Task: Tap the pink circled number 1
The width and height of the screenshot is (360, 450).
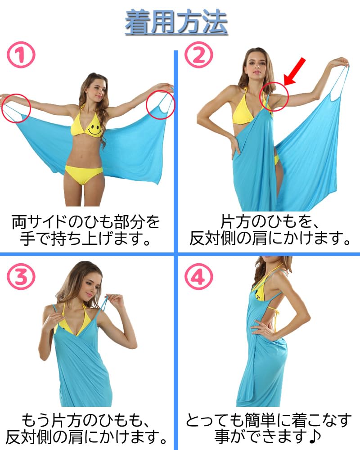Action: [x=21, y=54]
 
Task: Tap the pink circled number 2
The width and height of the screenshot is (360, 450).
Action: [x=198, y=54]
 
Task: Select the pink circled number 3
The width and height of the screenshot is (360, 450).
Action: [x=21, y=276]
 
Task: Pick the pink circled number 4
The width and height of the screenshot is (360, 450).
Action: [x=198, y=276]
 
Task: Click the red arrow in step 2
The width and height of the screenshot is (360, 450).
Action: [x=295, y=72]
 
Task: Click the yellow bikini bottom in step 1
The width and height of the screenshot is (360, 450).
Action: [x=83, y=174]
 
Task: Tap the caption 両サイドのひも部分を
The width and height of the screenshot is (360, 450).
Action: [x=85, y=221]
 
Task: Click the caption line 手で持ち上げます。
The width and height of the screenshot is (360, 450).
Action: [x=85, y=238]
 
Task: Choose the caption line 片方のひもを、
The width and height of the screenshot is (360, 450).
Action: [x=269, y=221]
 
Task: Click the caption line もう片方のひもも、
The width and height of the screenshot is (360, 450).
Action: [x=85, y=420]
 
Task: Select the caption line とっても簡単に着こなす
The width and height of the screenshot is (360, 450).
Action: [x=269, y=420]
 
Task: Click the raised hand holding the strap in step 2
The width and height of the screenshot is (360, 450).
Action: [x=340, y=62]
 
